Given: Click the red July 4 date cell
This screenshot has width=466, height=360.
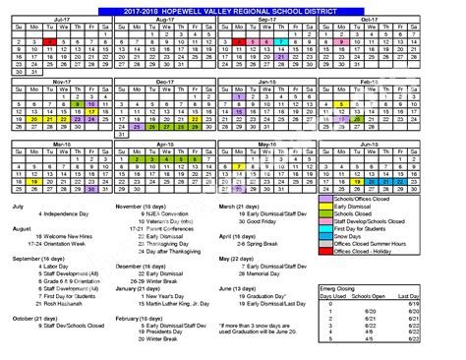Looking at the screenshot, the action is [49, 42].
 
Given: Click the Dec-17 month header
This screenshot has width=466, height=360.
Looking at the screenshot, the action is [173, 85].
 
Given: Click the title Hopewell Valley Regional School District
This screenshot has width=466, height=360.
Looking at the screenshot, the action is [233, 8].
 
